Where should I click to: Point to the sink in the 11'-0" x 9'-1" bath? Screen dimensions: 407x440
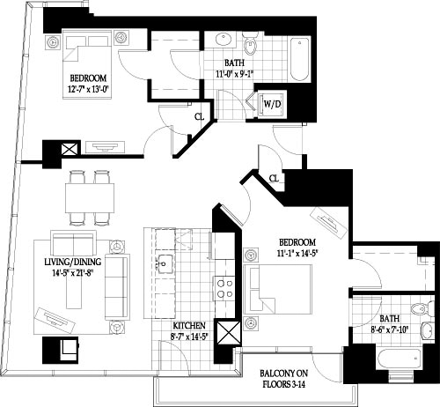(x=218, y=41)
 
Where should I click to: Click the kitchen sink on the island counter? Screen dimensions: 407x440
(x=165, y=262)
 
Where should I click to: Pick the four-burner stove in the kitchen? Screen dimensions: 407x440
(x=224, y=290)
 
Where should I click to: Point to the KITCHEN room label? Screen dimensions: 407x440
(x=190, y=324)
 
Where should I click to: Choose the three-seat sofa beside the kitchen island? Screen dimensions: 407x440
(x=115, y=287)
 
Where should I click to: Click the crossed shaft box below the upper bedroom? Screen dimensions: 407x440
(x=67, y=150)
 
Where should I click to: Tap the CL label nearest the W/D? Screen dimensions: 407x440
(x=199, y=115)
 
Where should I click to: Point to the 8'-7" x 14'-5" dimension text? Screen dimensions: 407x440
(x=190, y=336)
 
